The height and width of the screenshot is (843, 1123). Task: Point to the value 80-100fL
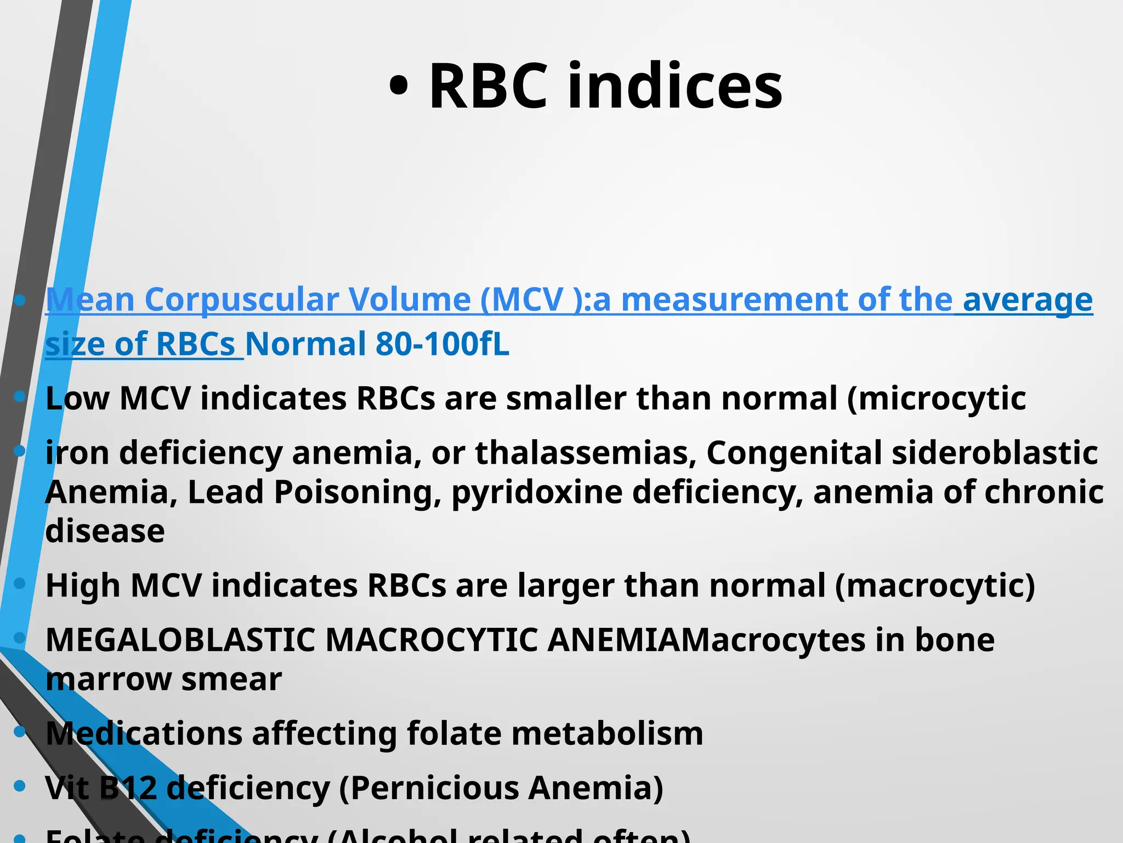pyautogui.click(x=443, y=344)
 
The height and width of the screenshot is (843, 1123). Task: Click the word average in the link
pyautogui.click(x=1028, y=300)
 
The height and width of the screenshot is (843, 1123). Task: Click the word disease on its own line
pyautogui.click(x=105, y=531)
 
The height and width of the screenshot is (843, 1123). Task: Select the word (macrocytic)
pyautogui.click(x=935, y=586)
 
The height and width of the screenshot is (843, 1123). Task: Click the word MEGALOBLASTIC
pyautogui.click(x=180, y=640)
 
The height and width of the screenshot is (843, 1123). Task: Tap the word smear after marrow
pyautogui.click(x=231, y=679)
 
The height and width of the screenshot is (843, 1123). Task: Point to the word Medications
pyautogui.click(x=144, y=734)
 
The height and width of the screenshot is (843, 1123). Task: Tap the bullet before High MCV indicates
pyautogui.click(x=20, y=584)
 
